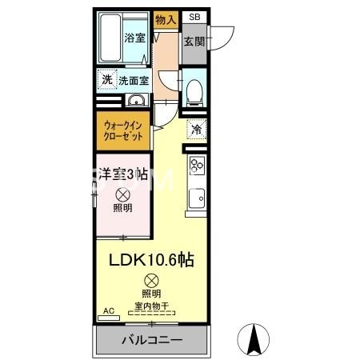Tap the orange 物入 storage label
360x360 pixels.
166,19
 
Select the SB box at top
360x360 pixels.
194,17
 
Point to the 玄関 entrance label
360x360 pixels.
194,41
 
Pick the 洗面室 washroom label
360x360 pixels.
134,80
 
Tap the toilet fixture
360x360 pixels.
194,93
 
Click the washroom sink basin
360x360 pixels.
135,101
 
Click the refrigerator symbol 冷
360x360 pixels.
194,129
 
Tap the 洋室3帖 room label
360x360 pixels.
122,174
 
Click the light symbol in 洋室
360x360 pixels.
122,194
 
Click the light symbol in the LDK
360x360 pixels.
151,280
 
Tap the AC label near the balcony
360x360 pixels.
108,310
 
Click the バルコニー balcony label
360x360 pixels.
152,341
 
